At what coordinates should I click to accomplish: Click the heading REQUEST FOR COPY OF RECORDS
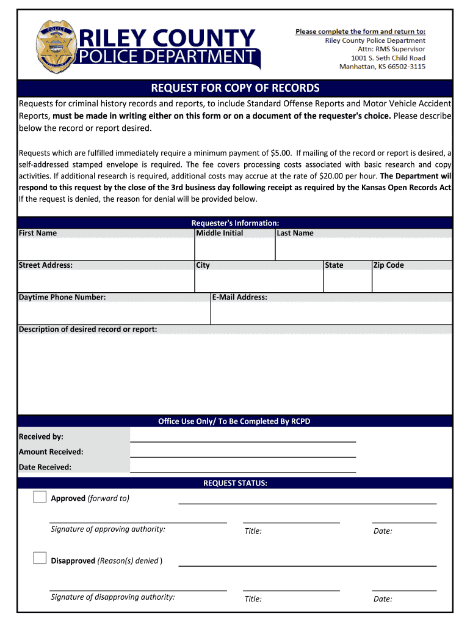pyautogui.click(x=235, y=88)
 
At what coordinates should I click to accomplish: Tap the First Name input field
pyautogui.click(x=106, y=249)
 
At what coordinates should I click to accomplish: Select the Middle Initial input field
pyautogui.click(x=235, y=249)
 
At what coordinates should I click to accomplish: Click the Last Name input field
pyautogui.click(x=364, y=249)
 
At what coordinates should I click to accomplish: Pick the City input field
pyautogui.click(x=259, y=281)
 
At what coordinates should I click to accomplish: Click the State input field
pyautogui.click(x=347, y=281)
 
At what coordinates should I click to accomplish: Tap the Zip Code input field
pyautogui.click(x=412, y=281)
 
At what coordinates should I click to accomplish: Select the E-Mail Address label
pyautogui.click(x=239, y=298)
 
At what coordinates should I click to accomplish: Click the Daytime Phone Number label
pyautogui.click(x=62, y=298)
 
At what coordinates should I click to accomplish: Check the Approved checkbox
pyautogui.click(x=40, y=497)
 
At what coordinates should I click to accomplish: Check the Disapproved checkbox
pyautogui.click(x=40, y=558)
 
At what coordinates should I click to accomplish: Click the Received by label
pyautogui.click(x=41, y=436)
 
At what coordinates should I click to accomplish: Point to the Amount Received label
pyautogui.click(x=51, y=452)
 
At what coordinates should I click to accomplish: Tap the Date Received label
pyautogui.click(x=45, y=467)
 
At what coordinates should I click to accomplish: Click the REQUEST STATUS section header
pyautogui.click(x=235, y=483)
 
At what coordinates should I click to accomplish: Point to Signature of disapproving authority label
pyautogui.click(x=113, y=597)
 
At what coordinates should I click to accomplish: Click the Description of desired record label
pyautogui.click(x=88, y=330)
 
